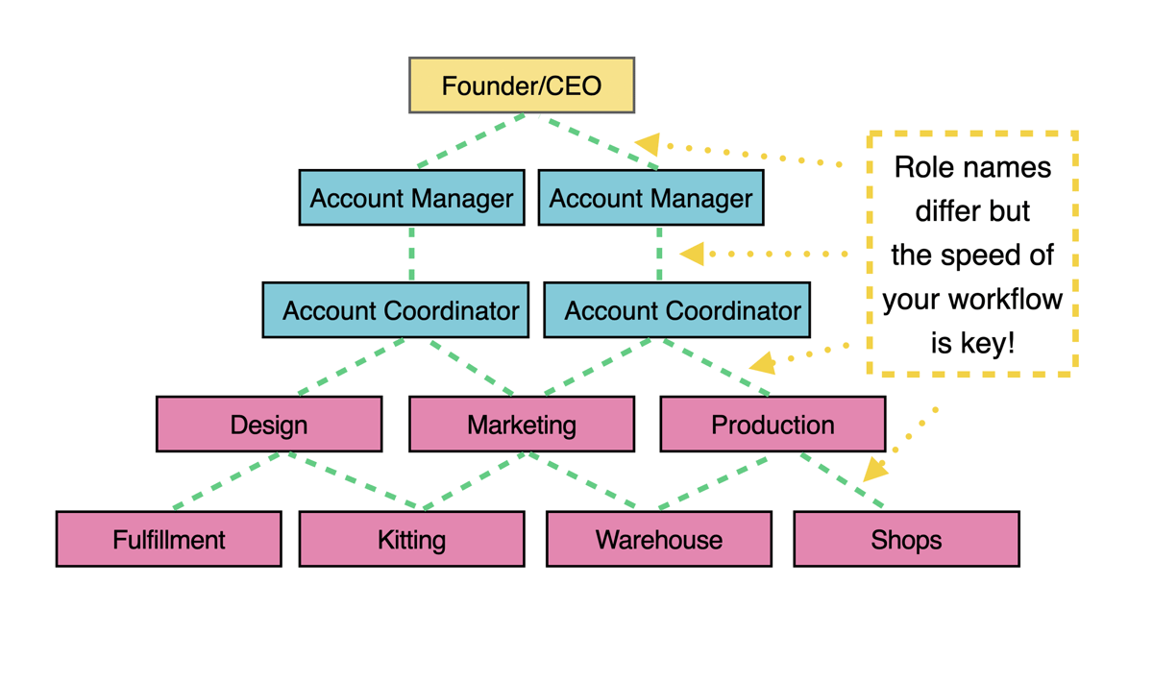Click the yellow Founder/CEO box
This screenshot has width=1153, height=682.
tap(522, 85)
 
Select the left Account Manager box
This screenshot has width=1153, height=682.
tap(411, 198)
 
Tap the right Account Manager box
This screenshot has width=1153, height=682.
tap(650, 198)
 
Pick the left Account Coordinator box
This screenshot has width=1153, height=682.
tap(395, 310)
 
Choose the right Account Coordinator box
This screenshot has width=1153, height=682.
tap(676, 310)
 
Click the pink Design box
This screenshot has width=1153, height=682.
tap(269, 425)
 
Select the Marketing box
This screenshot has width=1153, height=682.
tap(522, 425)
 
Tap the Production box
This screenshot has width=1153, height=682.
tap(773, 425)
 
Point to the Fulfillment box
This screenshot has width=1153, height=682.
tap(169, 539)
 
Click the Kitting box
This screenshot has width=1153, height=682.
tap(411, 539)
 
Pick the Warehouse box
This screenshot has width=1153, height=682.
tap(658, 539)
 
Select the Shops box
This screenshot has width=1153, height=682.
tap(906, 539)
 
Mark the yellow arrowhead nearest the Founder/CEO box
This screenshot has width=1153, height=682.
tap(648, 144)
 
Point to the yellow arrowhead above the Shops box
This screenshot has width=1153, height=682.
tap(874, 469)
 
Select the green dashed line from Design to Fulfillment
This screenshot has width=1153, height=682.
tap(231, 480)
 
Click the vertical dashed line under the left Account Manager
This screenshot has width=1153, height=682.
tap(411, 254)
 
